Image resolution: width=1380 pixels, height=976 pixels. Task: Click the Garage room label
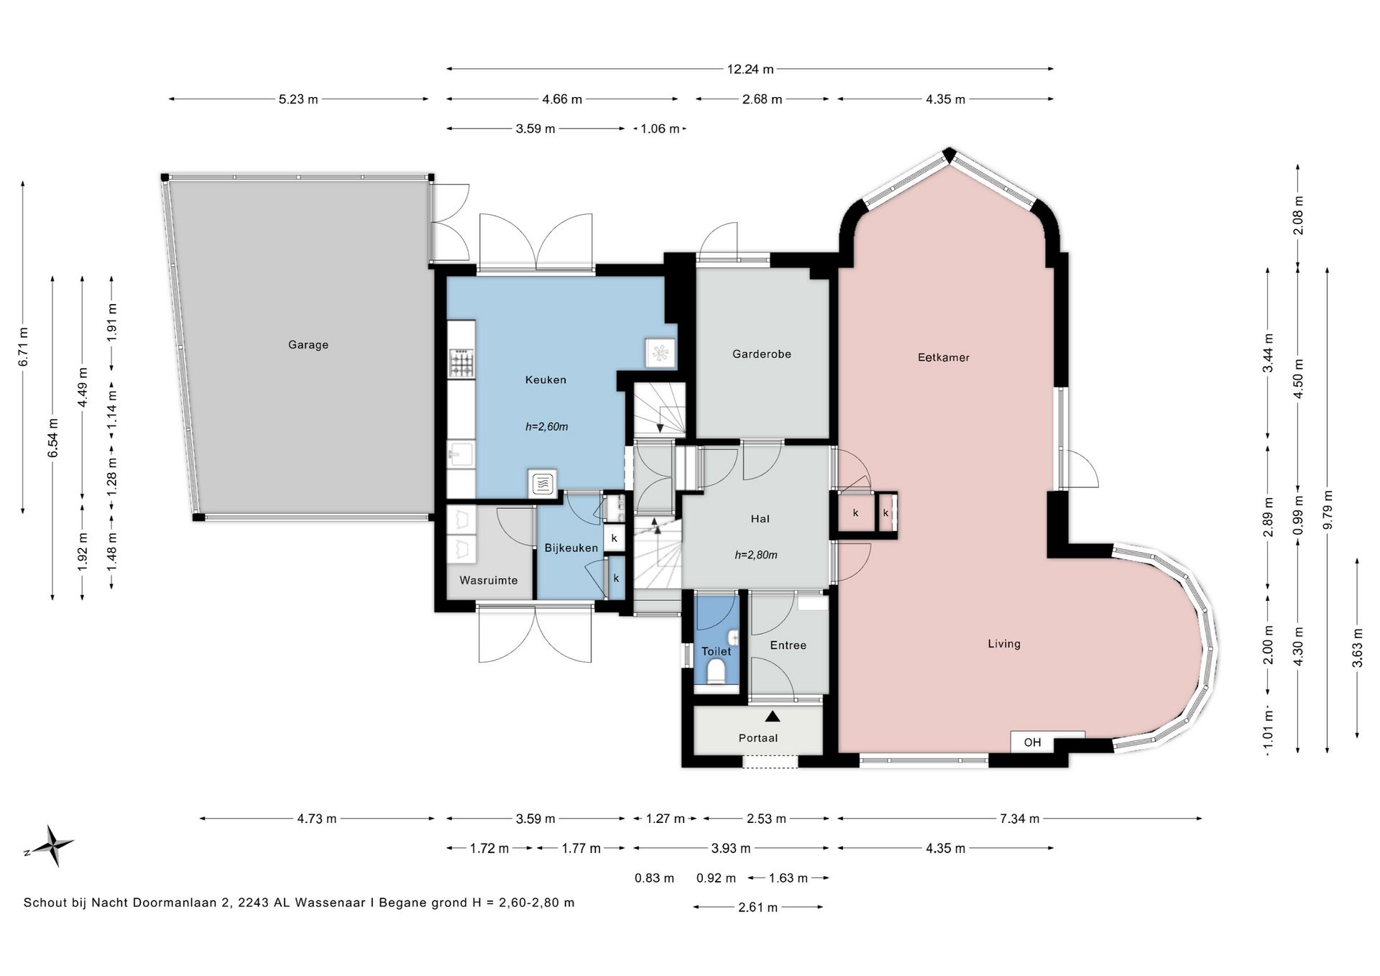pos(308,345)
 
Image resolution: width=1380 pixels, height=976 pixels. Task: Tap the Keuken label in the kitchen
pos(546,379)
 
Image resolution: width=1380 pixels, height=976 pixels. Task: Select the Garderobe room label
pos(762,354)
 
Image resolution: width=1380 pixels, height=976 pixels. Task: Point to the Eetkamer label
pos(944,357)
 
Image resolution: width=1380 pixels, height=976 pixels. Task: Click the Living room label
pos(1004,644)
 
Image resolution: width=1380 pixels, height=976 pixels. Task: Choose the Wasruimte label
pos(489,580)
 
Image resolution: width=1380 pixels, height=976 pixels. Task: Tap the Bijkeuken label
pos(571,548)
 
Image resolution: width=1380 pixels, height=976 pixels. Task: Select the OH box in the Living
pos(1033,742)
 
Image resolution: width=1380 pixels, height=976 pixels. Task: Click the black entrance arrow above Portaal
pos(773,716)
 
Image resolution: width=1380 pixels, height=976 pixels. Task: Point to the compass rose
pos(49,845)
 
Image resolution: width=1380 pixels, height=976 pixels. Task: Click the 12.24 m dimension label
pos(750,69)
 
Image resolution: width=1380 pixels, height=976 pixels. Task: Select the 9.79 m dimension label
pos(1328,510)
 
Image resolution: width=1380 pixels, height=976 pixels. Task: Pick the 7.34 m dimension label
pos(1019,818)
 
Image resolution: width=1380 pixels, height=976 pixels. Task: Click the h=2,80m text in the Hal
pos(756,555)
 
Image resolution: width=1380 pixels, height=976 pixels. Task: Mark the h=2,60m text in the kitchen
pos(546,426)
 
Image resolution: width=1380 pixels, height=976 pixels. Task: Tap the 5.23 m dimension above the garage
pos(298,99)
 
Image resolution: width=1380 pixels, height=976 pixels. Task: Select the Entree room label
pos(788,645)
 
